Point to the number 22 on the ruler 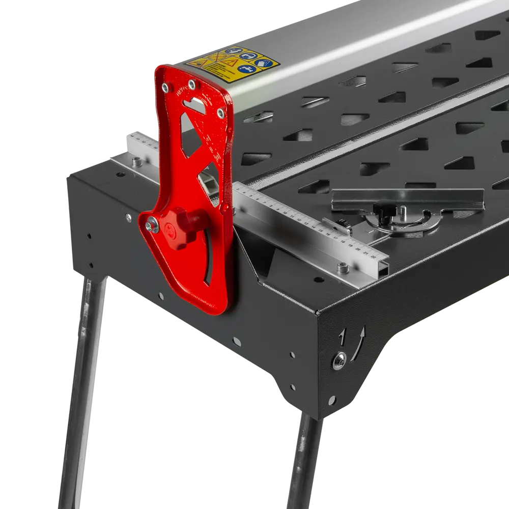coord(376,255)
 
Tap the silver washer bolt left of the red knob coord(152,224)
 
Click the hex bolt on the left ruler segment coord(135,162)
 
